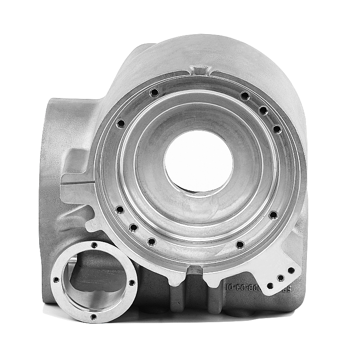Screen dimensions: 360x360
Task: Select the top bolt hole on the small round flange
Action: [94, 245]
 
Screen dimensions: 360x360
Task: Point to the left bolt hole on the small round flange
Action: [56, 279]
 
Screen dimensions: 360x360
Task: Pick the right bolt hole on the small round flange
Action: [132, 283]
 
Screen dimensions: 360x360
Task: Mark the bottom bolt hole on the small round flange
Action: [94, 317]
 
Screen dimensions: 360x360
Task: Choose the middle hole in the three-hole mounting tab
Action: [280, 278]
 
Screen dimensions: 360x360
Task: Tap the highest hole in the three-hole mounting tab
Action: [291, 271]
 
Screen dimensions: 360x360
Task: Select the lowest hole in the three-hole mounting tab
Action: [270, 285]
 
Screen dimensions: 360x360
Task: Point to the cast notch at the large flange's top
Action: [201, 71]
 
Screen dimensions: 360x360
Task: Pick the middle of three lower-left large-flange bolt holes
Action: [133, 228]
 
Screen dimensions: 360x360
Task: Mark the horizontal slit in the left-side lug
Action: [79, 184]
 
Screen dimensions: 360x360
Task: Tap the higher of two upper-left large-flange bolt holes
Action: [155, 92]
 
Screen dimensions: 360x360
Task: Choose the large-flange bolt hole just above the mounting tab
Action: [273, 215]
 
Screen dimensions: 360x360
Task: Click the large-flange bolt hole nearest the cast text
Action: [240, 244]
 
